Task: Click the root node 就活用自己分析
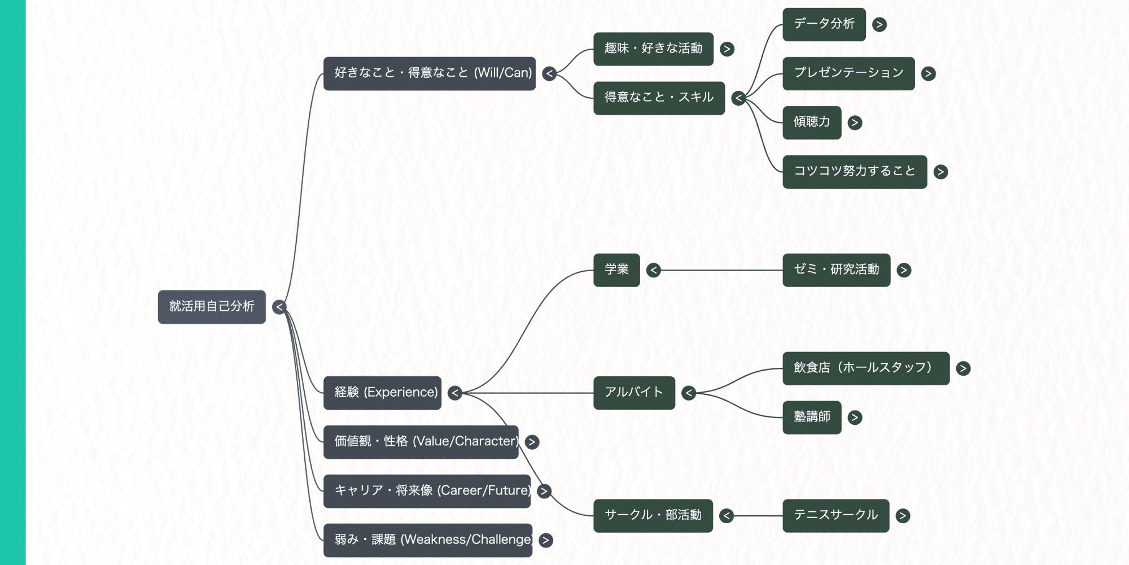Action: [212, 307]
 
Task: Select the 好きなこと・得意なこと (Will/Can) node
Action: [429, 73]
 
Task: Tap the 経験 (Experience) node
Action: [382, 393]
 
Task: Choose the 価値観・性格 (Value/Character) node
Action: [421, 442]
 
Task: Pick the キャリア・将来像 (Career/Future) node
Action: [427, 491]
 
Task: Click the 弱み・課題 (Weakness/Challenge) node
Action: [427, 540]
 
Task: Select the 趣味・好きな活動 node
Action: [653, 49]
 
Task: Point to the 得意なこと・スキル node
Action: [659, 98]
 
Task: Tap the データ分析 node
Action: [824, 24]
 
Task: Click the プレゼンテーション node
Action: [848, 73]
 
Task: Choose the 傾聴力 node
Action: [812, 123]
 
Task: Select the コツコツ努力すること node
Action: [855, 172]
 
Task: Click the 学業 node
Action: [616, 270]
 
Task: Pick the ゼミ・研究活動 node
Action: [836, 270]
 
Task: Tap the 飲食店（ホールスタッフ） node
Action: [866, 368]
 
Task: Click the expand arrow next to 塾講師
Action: [855, 418]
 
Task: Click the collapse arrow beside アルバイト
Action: [689, 393]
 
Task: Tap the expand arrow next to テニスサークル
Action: [903, 516]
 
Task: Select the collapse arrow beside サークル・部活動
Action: [727, 516]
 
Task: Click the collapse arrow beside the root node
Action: [279, 307]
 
